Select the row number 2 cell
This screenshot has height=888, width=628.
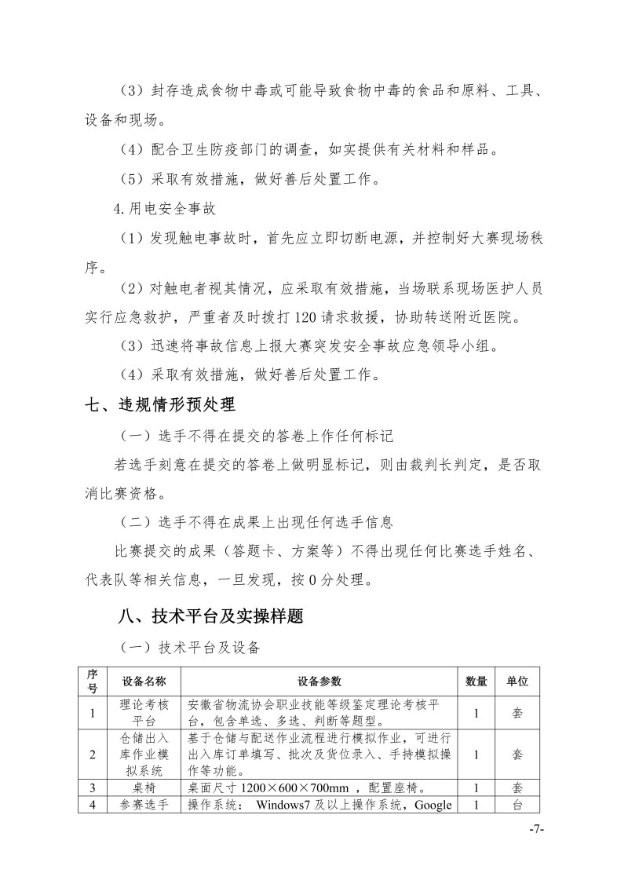click(x=93, y=754)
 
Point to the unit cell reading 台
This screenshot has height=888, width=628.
click(x=517, y=805)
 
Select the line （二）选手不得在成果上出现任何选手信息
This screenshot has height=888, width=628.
click(x=257, y=521)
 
